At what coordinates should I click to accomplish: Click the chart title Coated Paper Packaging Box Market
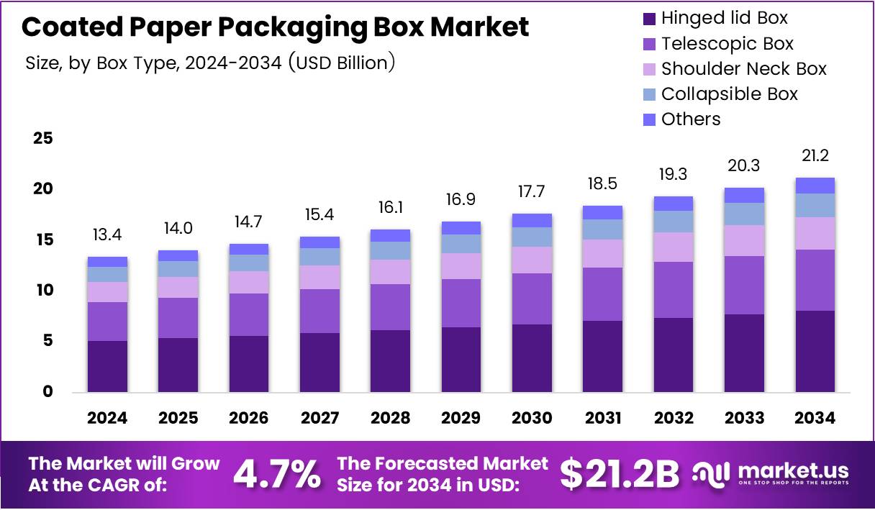[275, 27]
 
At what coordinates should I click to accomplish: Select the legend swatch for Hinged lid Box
[648, 19]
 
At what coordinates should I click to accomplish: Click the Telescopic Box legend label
[727, 44]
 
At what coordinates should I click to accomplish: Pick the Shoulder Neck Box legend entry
[743, 69]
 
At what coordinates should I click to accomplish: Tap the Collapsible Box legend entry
[729, 94]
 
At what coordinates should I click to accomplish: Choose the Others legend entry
[691, 119]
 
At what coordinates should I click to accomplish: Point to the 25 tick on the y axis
[42, 138]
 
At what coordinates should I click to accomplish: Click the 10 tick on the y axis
[42, 291]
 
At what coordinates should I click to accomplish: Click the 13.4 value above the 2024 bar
[106, 235]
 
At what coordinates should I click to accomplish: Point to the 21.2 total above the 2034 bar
[815, 156]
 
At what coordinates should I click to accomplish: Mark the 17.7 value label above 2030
[532, 192]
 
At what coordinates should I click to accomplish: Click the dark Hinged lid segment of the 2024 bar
[106, 366]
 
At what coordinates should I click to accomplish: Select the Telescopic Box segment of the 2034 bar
[815, 280]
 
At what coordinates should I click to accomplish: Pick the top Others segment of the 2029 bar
[461, 228]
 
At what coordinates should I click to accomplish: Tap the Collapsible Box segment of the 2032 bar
[674, 222]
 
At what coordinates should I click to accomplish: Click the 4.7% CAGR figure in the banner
[277, 474]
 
